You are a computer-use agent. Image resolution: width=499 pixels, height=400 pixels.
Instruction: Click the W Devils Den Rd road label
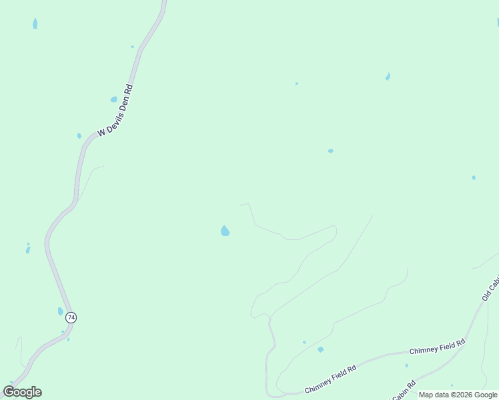click(x=115, y=110)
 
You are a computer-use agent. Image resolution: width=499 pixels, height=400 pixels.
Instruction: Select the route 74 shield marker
click(x=71, y=317)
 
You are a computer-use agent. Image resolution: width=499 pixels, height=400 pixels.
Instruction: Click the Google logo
click(x=23, y=392)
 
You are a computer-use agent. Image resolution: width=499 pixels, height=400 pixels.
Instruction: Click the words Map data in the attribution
click(x=432, y=395)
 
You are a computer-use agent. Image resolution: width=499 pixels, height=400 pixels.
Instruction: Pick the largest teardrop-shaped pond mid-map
click(x=225, y=231)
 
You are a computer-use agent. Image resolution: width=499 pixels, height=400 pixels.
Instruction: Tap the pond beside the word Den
click(x=113, y=99)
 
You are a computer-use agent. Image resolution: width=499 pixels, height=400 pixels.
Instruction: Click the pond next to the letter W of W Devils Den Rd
click(x=79, y=136)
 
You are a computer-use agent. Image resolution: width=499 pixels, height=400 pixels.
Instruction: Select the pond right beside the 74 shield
click(x=60, y=311)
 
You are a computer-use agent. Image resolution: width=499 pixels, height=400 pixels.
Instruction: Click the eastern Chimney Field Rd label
click(x=437, y=347)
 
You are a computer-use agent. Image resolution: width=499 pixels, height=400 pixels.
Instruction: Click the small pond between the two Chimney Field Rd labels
click(x=406, y=365)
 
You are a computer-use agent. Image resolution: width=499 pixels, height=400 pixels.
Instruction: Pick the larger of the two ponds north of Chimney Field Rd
click(x=321, y=349)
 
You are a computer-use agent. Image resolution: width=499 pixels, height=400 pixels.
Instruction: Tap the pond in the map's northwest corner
click(x=35, y=24)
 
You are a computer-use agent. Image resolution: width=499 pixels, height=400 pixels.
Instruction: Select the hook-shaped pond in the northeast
click(x=388, y=77)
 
